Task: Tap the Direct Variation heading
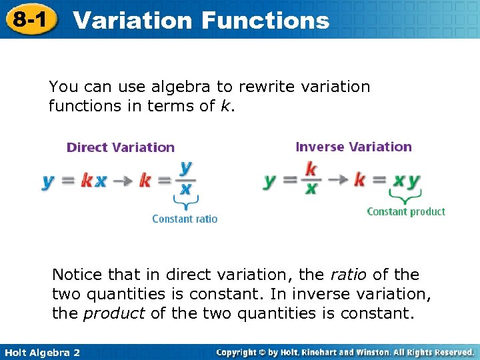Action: [121, 147]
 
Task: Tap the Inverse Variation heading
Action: [353, 147]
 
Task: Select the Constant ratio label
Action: [185, 219]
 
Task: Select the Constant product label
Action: [406, 212]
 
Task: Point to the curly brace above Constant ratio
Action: [185, 202]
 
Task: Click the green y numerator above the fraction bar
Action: [185, 167]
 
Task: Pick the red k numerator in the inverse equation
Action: [311, 169]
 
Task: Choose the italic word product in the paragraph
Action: [114, 313]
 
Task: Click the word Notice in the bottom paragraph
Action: [77, 275]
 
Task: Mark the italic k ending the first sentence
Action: [223, 106]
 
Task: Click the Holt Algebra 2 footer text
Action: [41, 352]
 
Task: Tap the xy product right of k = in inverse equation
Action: [406, 181]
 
